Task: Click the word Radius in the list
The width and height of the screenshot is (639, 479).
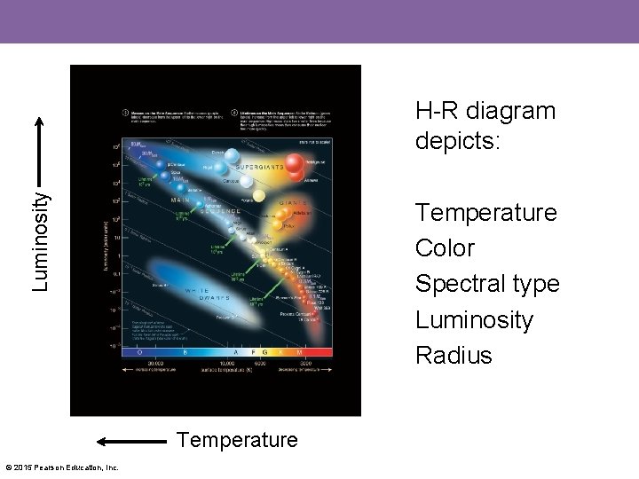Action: tap(453, 355)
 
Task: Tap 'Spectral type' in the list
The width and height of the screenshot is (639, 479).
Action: tap(487, 284)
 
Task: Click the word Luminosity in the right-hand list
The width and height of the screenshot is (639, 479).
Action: tap(474, 319)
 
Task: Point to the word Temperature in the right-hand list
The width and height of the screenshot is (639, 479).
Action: tap(485, 213)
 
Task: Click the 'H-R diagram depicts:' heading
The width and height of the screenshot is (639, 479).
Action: tap(485, 126)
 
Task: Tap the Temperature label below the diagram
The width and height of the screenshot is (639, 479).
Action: tap(238, 439)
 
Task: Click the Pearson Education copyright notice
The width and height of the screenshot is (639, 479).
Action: tap(61, 467)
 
